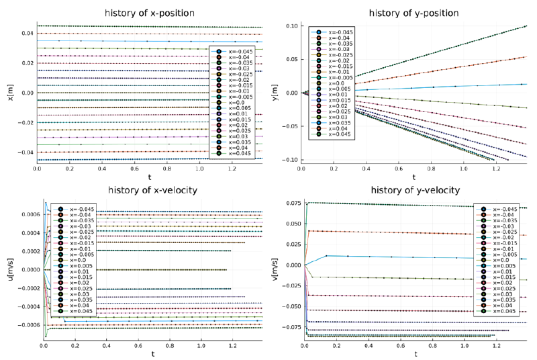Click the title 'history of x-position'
tap(149, 13)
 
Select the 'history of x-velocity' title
tap(148, 190)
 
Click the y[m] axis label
tap(275, 93)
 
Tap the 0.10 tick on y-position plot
tap(294, 26)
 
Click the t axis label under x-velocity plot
tap(152, 353)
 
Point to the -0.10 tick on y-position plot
tap(293, 160)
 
